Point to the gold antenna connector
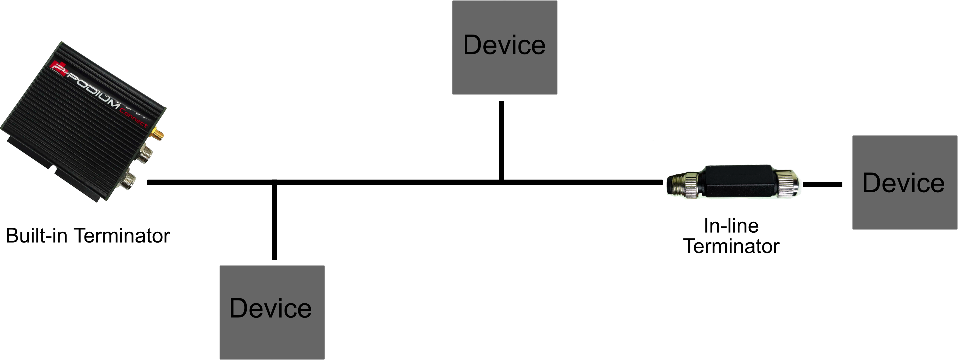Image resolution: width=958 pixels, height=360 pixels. (159, 135)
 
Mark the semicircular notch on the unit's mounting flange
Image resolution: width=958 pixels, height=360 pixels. (53, 170)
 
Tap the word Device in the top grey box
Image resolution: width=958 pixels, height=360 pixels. (504, 45)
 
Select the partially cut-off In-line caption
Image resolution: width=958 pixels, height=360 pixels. (731, 222)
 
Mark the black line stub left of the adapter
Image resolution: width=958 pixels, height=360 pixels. (657, 182)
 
